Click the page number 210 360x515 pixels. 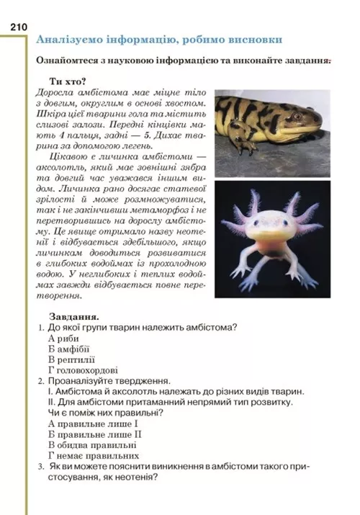(x=18, y=27)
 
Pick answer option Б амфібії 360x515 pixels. (x=71, y=349)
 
